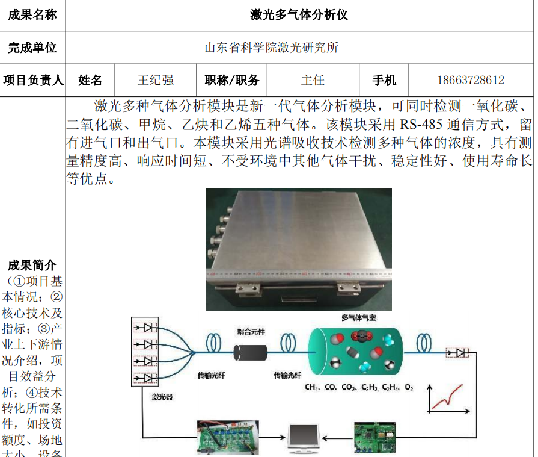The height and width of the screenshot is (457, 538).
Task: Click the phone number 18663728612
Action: [470, 80]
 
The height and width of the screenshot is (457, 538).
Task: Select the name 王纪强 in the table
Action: [156, 80]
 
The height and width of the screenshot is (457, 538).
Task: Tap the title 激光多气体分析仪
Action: [299, 14]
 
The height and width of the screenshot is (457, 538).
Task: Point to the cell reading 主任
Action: [313, 80]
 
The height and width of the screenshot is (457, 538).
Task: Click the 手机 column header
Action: [384, 80]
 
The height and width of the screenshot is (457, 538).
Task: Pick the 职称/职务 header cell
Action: [232, 80]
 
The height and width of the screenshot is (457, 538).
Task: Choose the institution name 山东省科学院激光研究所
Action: [271, 48]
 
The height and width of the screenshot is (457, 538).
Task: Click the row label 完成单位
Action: [32, 48]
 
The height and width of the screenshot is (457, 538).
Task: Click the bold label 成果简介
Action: [32, 265]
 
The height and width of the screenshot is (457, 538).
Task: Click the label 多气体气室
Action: [359, 317]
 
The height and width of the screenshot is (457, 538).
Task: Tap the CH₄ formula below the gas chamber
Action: [312, 387]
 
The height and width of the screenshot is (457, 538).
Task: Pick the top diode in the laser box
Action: [146, 328]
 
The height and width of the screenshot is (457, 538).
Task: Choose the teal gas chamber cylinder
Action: [355, 352]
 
